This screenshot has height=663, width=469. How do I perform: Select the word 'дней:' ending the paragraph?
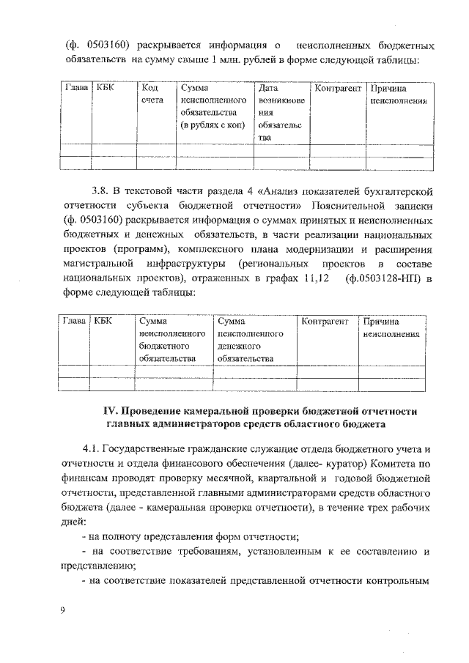point(73,522)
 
